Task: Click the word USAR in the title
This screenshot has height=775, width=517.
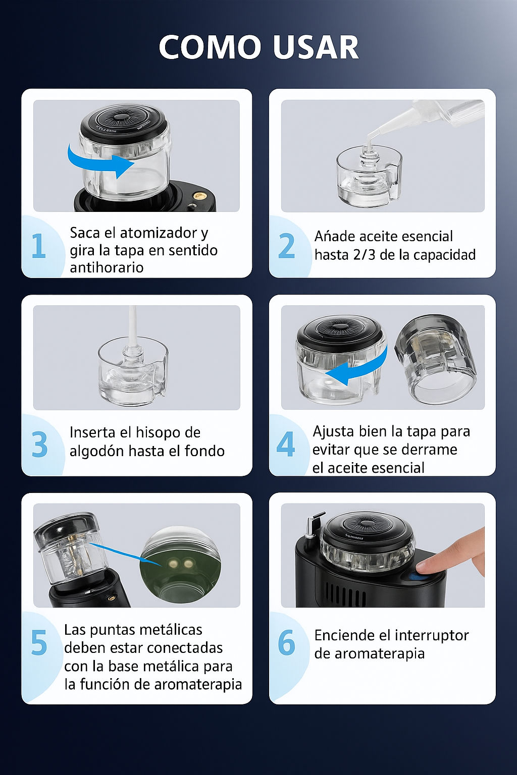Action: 316,47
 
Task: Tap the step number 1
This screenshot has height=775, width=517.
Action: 38,246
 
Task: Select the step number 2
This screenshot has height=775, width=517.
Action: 286,246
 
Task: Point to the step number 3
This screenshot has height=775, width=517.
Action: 39,445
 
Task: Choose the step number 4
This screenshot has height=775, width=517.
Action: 286,444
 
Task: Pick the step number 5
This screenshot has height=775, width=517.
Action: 39,643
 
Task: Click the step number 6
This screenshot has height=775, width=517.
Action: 286,643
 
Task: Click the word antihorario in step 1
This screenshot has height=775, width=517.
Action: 107,267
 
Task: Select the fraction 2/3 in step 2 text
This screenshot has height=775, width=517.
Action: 364,255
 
